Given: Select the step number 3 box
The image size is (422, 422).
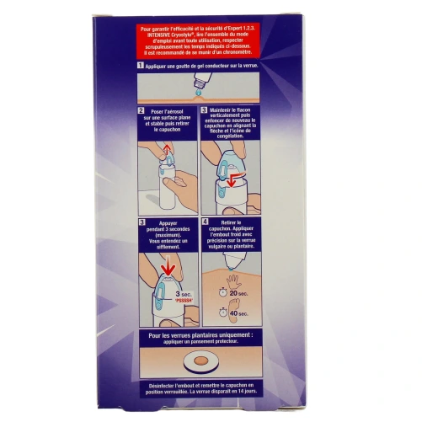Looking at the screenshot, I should [203, 110].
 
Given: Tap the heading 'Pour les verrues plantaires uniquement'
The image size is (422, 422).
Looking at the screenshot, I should [211, 338].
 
